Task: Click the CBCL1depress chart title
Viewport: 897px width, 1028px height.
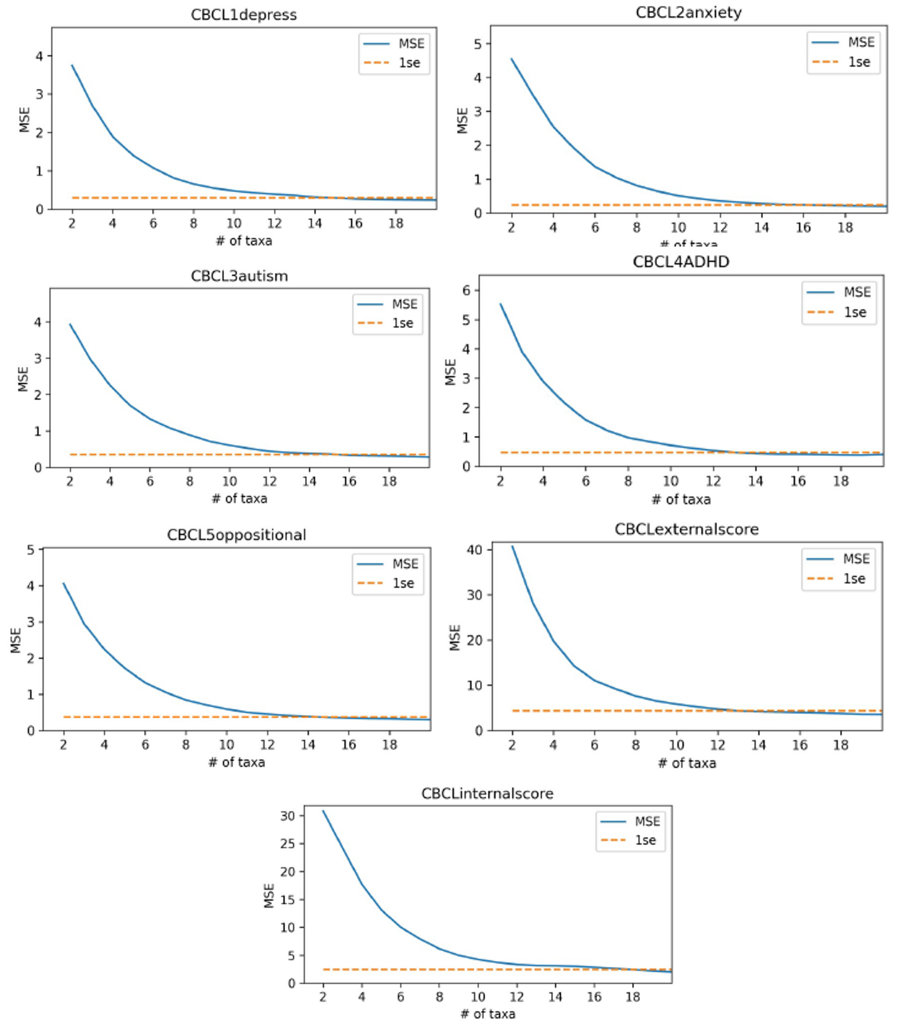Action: point(244,15)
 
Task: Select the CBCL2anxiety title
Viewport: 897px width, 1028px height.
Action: point(689,13)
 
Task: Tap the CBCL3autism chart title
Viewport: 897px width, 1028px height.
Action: point(239,276)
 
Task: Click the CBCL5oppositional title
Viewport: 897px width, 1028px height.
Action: point(236,535)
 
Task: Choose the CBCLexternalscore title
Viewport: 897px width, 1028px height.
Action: point(686,529)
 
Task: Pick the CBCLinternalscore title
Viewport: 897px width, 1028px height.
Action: point(487,794)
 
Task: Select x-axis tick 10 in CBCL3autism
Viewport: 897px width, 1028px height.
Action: point(229,481)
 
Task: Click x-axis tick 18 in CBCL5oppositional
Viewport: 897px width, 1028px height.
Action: point(390,745)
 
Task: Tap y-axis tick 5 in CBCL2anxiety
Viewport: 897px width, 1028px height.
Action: point(479,44)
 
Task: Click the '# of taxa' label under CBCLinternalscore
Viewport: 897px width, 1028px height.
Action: point(488,1014)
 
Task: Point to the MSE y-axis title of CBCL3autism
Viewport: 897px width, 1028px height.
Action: point(23,379)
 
